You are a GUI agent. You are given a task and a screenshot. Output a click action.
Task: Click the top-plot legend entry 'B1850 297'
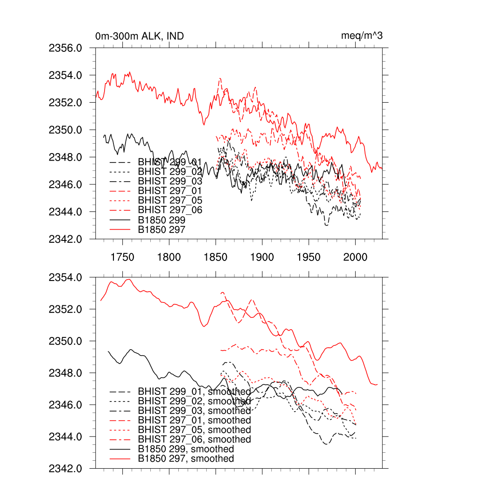point(162,229)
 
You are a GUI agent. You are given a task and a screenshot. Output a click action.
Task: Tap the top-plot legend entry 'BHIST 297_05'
point(170,200)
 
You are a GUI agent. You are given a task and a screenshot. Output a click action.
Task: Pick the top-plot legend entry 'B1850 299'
point(162,220)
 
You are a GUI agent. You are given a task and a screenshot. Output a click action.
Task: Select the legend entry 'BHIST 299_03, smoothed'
point(194,411)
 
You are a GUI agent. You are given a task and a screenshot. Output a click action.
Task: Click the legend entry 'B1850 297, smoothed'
point(186,459)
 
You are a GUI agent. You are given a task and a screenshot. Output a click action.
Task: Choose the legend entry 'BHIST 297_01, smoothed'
point(194,420)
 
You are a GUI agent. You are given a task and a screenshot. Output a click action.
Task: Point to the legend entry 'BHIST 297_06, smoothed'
point(194,439)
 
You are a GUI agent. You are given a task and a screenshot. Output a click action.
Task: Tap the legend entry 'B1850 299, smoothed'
point(186,449)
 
